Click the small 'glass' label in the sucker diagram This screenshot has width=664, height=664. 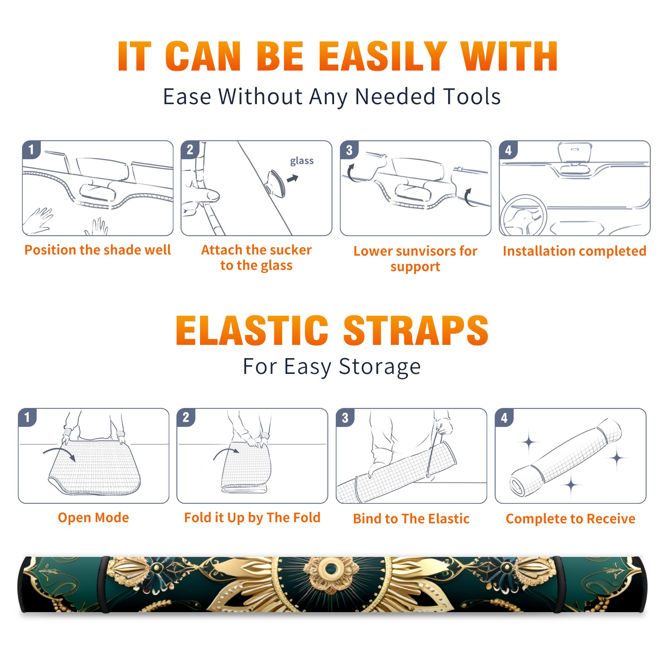[302, 161]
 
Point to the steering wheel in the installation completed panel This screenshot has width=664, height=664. [523, 215]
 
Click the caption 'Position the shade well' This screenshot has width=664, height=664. [98, 250]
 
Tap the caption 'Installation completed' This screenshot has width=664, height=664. [574, 251]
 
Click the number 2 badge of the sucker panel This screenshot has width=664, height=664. [190, 150]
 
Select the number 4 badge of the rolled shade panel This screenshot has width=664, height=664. [504, 417]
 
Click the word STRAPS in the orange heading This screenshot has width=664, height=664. [416, 330]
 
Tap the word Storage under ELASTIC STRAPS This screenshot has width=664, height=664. [380, 367]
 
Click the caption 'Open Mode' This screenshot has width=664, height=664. [93, 518]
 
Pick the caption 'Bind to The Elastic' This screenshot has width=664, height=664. [411, 519]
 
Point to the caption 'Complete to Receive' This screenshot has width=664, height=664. [571, 519]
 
